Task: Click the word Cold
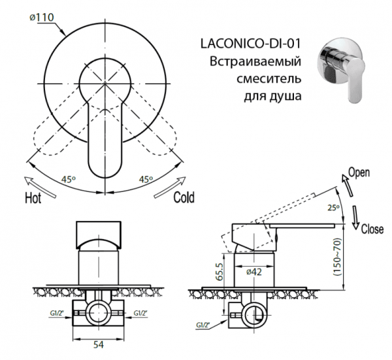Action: point(184,197)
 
